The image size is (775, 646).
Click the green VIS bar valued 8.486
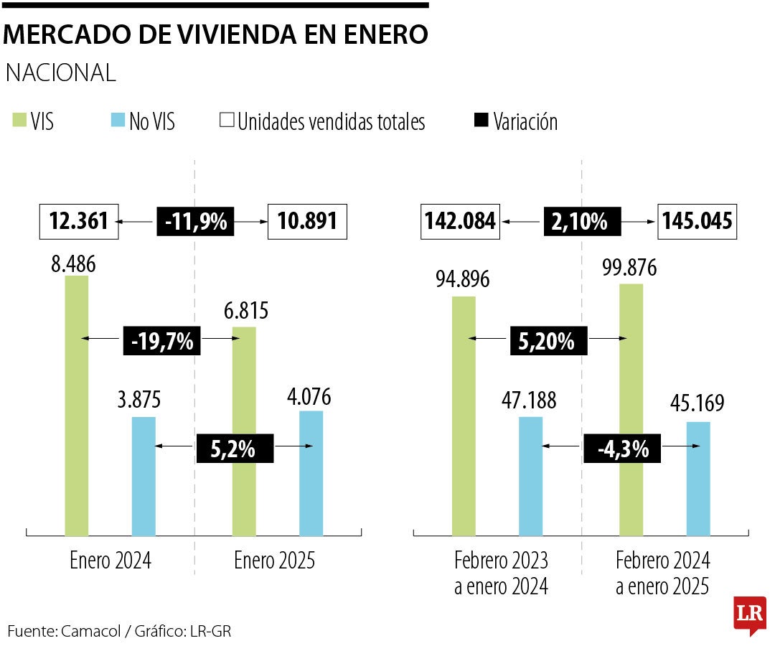tap(77, 406)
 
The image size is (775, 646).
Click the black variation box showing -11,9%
tap(195, 222)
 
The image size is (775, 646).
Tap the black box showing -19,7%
tap(162, 340)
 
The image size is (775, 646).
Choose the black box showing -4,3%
tap(622, 449)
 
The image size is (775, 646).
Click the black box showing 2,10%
tap(581, 222)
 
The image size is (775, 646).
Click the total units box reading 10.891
tap(307, 222)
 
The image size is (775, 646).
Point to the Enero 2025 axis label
tap(274, 561)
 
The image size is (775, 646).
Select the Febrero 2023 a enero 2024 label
tap(501, 573)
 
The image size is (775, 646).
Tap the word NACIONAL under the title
tap(61, 72)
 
